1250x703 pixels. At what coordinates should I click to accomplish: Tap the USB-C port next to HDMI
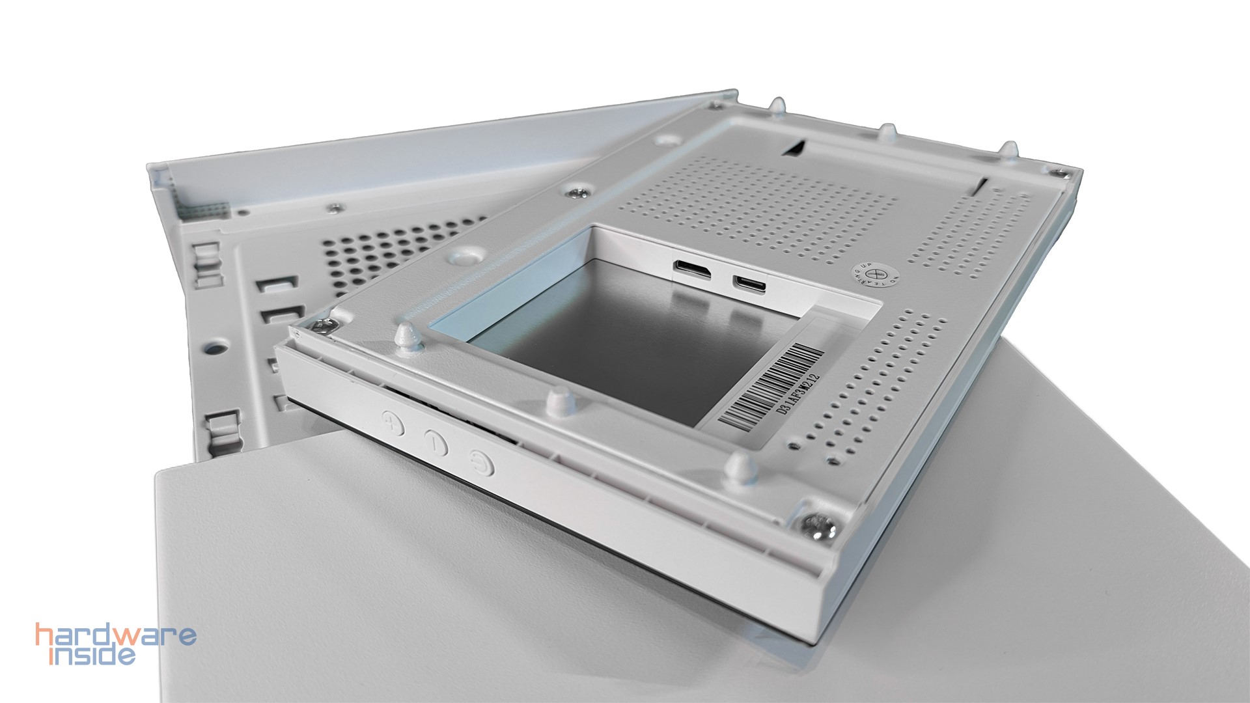click(x=749, y=283)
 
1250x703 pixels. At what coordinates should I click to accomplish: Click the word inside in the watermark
click(x=93, y=653)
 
